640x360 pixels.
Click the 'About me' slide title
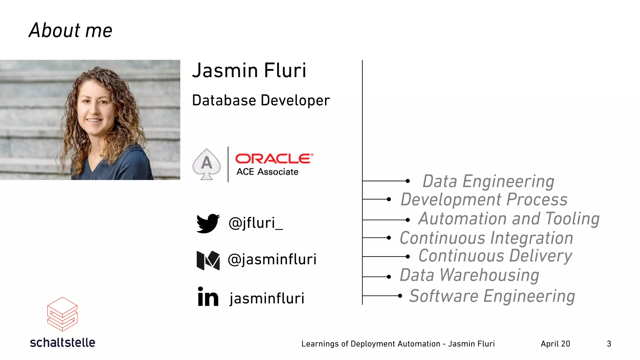pos(71,31)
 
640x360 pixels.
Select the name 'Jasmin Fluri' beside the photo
pos(249,70)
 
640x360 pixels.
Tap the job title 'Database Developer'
pos(261,101)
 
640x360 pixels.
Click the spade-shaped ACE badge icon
pos(207,164)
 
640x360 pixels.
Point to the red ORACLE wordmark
pos(274,158)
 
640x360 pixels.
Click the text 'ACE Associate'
pos(267,172)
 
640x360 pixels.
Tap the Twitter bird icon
pos(208,223)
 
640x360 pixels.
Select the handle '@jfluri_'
pos(256,223)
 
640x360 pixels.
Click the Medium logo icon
pos(208,260)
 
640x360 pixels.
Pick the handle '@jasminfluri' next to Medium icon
pos(272,259)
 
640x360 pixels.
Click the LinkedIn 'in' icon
pos(208,297)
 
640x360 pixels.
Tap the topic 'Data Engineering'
pos(488,182)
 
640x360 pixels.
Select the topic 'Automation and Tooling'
pos(509,219)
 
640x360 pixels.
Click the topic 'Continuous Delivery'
pos(495,256)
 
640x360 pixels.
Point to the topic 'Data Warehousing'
pos(469,275)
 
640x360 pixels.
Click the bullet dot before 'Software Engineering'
pos(400,296)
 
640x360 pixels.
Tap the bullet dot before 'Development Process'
pos(389,199)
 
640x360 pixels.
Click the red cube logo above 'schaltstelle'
pos(62,314)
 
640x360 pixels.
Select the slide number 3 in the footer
pos(609,344)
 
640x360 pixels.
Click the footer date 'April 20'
pos(555,344)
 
